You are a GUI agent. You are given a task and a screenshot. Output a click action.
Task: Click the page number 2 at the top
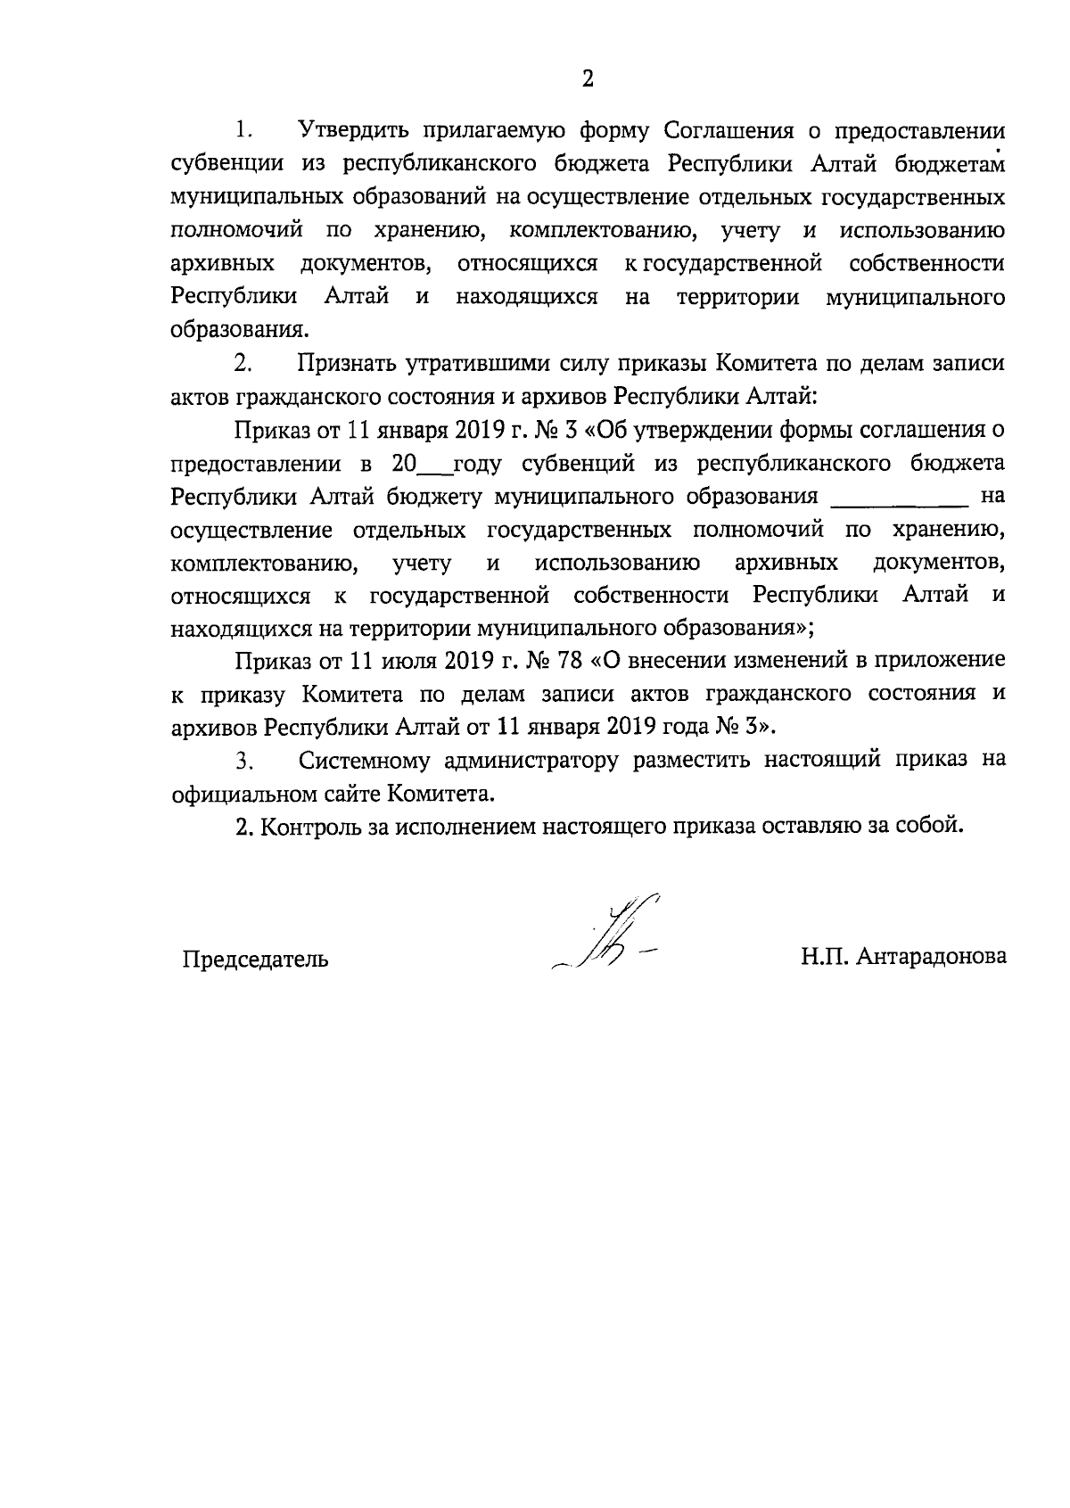tap(588, 79)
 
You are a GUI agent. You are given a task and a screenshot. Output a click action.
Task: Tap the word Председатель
tap(255, 959)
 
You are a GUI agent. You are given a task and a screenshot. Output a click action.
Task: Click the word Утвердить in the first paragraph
tap(353, 131)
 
